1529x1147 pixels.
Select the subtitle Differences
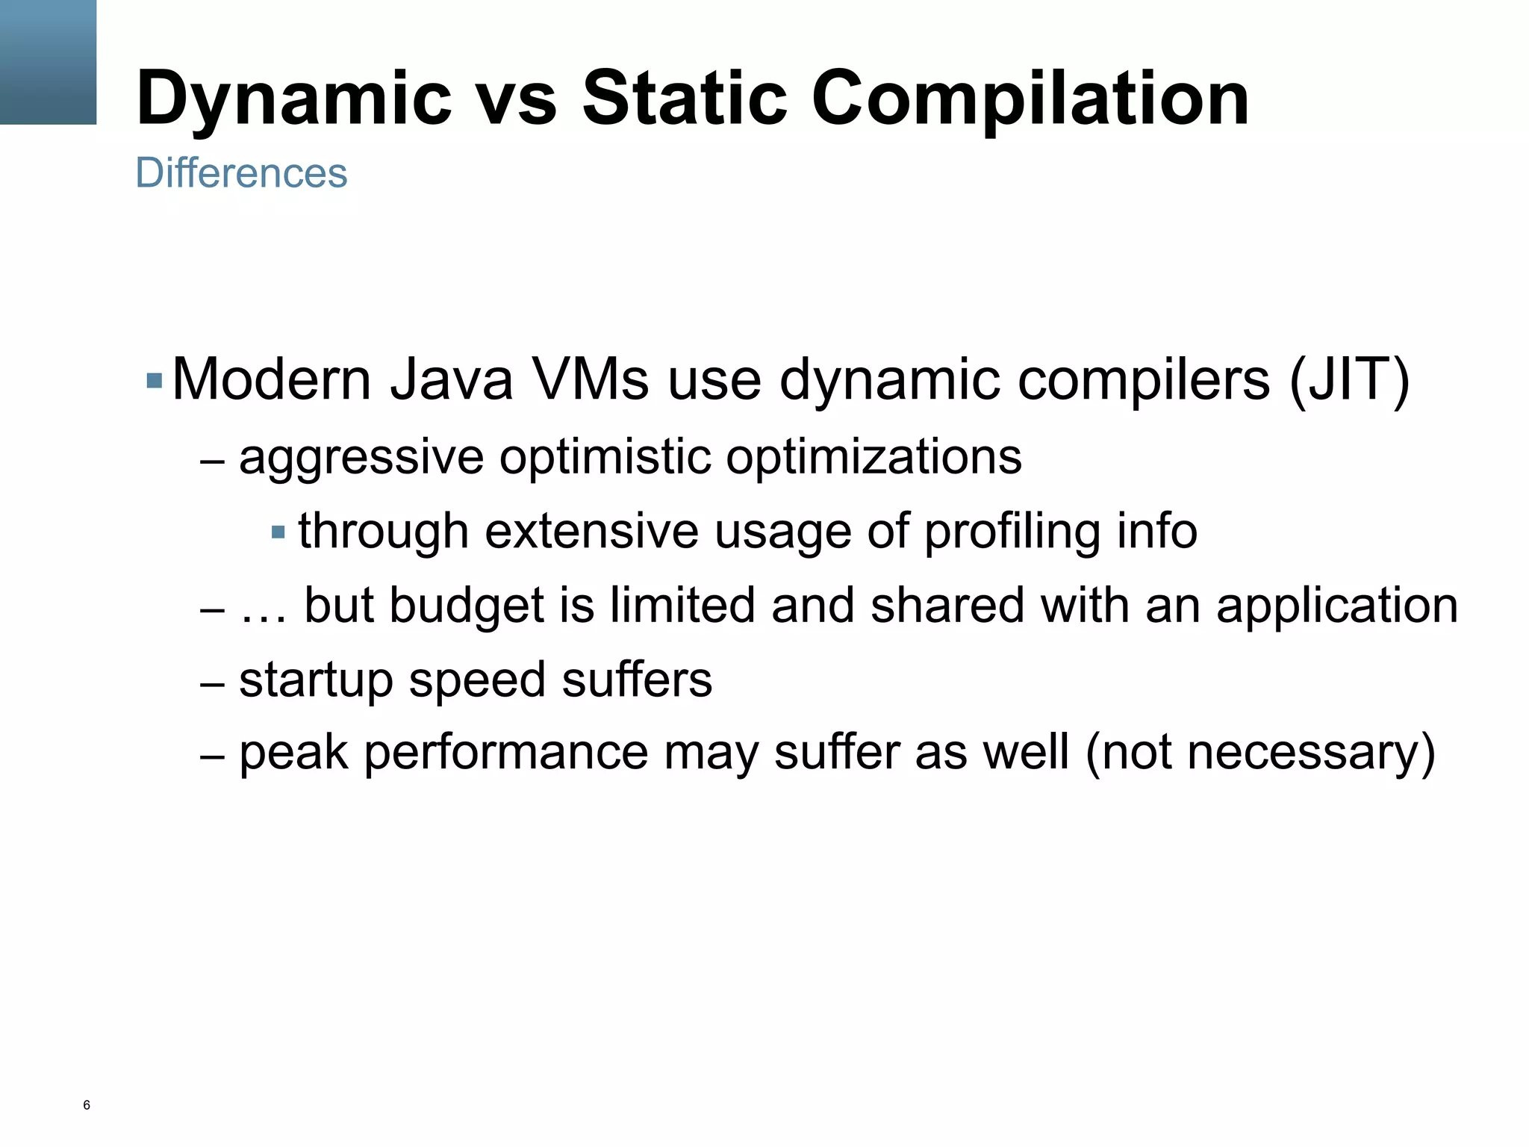[241, 173]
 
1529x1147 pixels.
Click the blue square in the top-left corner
[48, 62]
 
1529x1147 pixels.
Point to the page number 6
[87, 1105]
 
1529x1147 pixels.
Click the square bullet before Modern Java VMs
[155, 381]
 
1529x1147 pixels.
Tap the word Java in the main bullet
[451, 380]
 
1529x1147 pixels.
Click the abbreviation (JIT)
[1348, 380]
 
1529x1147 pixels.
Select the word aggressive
[361, 457]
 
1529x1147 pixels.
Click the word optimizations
[874, 457]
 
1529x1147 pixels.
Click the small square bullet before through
[278, 532]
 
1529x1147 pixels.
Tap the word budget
[466, 605]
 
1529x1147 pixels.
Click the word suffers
[636, 680]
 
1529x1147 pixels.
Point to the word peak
[293, 753]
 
